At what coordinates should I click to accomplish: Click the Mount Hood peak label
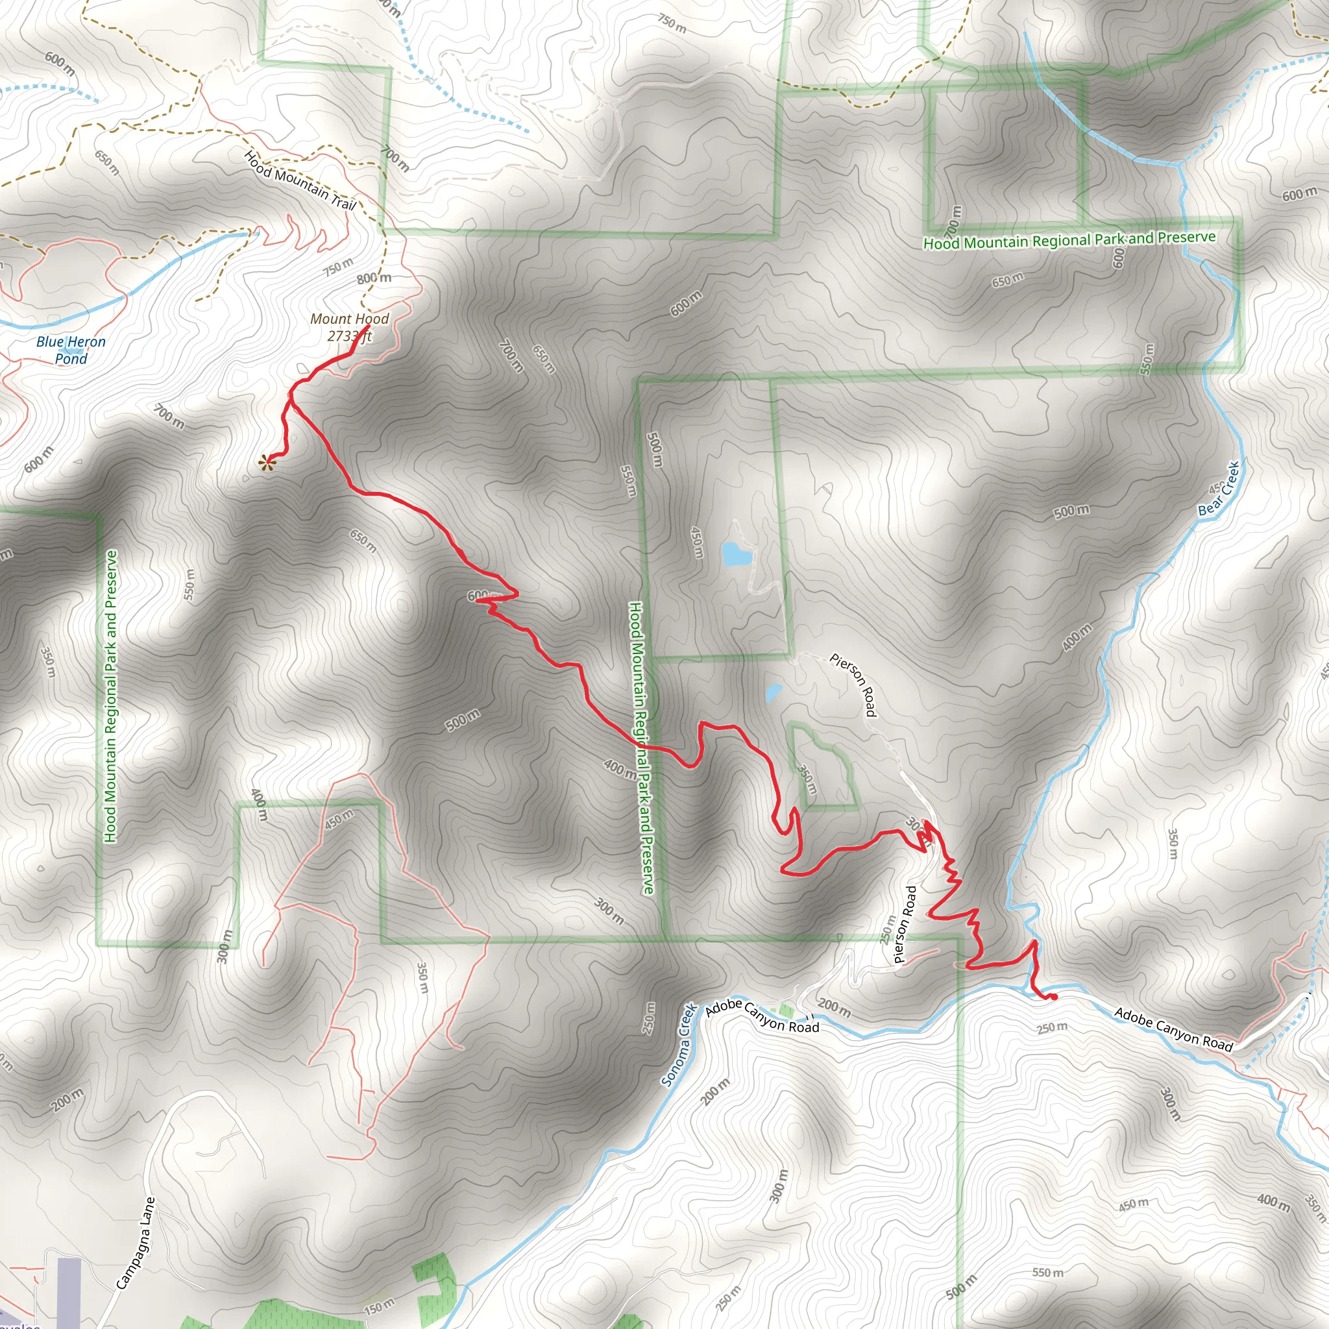click(350, 319)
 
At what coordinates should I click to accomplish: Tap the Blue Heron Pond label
click(71, 350)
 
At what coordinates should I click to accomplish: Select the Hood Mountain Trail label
click(300, 180)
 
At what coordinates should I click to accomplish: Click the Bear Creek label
click(1218, 489)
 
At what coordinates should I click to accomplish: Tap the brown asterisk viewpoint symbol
click(265, 463)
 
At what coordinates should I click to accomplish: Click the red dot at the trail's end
click(1054, 997)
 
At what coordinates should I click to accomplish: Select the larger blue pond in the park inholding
click(735, 554)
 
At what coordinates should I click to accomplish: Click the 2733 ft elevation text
click(350, 336)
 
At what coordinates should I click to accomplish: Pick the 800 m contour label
click(374, 278)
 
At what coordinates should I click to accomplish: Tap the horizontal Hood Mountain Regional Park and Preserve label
click(1069, 240)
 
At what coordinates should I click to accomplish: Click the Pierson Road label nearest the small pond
click(854, 684)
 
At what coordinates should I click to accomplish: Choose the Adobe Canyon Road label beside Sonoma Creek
click(762, 1018)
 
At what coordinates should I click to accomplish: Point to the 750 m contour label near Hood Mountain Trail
click(339, 266)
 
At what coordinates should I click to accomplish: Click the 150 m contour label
click(379, 1306)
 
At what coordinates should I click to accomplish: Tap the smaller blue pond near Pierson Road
click(773, 691)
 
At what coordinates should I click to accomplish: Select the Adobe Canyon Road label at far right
click(1173, 1029)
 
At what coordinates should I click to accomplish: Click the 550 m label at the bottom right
click(1047, 1273)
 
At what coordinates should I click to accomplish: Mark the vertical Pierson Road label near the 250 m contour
click(905, 925)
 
